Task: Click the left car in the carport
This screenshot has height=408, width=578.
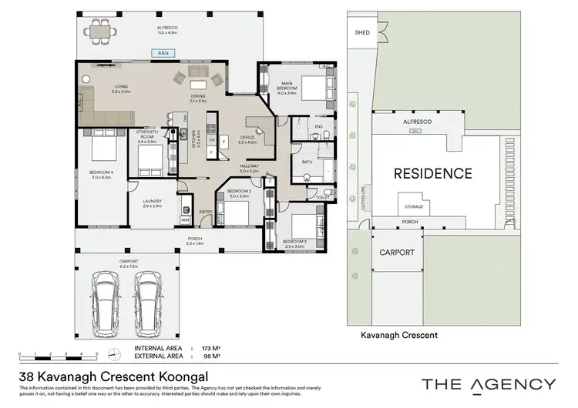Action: coord(104,298)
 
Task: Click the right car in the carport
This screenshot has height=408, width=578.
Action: coord(148,298)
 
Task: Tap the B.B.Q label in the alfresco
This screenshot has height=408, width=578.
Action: coord(163,53)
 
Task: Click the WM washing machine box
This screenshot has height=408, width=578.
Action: coord(184,220)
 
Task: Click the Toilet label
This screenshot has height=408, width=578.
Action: coord(322,197)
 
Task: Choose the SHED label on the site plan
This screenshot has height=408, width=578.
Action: coord(361,33)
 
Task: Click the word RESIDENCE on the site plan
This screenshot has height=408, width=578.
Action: coord(432,173)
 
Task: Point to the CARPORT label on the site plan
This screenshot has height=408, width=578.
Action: coord(397,252)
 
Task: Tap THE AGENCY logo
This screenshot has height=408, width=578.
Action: coord(488,383)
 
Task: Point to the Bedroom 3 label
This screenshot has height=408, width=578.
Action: coord(294,242)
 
